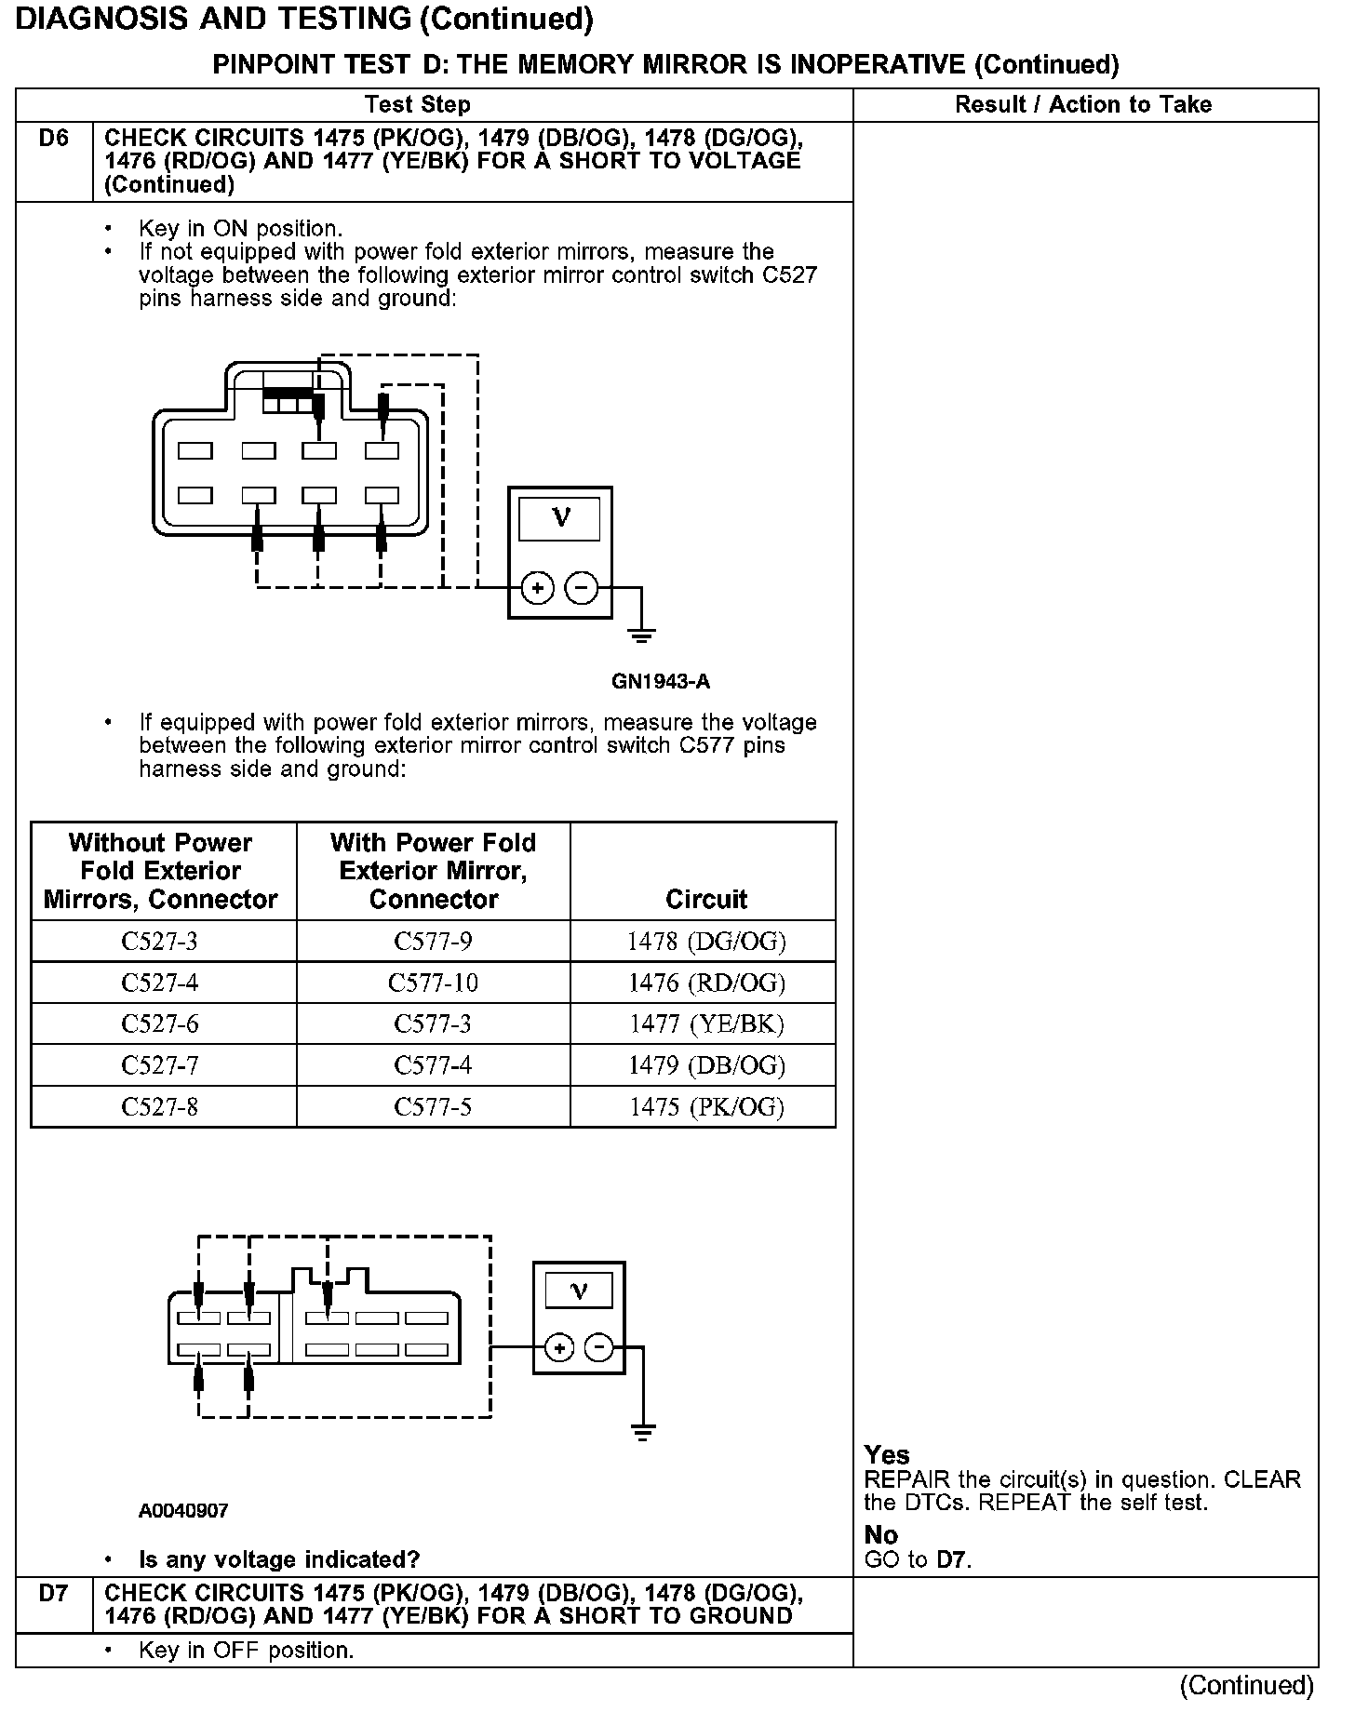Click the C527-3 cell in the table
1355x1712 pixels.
[x=160, y=942]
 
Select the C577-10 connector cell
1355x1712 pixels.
[x=433, y=983]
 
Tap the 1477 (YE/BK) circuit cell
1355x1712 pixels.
[x=705, y=1023]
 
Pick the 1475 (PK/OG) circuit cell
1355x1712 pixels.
[x=705, y=1106]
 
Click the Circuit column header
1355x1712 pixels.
[x=705, y=899]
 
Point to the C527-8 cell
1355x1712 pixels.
[x=160, y=1106]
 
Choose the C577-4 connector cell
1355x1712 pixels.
[x=433, y=1065]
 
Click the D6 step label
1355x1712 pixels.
[x=54, y=139]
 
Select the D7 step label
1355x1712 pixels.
[x=54, y=1594]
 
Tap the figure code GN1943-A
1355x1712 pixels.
[x=660, y=681]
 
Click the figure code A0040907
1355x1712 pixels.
[x=183, y=1511]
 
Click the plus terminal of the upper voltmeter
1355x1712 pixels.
[x=538, y=588]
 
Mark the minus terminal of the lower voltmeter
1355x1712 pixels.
[x=599, y=1347]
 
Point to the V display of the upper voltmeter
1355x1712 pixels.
[x=560, y=518]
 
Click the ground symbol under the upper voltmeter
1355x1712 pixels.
[x=641, y=636]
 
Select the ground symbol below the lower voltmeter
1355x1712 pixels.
[x=642, y=1431]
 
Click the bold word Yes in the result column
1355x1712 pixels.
[x=887, y=1455]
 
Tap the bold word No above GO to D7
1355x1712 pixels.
[x=880, y=1535]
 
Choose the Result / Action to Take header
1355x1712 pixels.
[x=1083, y=104]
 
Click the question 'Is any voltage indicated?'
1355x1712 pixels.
[x=279, y=1559]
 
